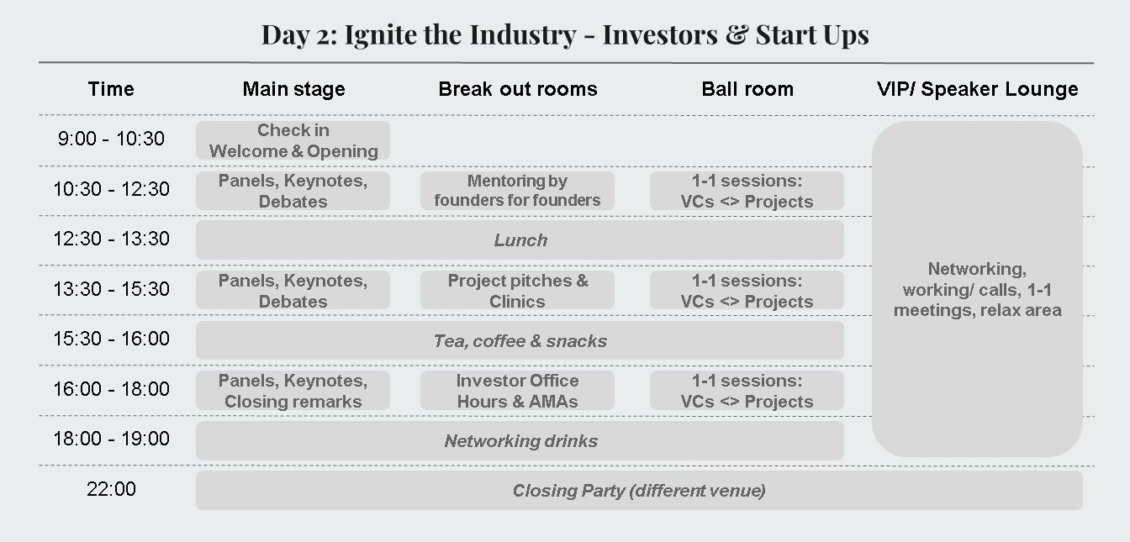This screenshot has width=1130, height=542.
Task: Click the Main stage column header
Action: [293, 89]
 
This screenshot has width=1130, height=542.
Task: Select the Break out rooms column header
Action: [518, 89]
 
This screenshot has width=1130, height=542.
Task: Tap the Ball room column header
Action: [747, 89]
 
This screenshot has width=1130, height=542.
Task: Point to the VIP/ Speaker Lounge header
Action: [977, 89]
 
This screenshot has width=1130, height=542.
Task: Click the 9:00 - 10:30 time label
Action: [111, 139]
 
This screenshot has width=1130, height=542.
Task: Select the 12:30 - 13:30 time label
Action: [111, 239]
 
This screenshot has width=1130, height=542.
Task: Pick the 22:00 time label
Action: [111, 489]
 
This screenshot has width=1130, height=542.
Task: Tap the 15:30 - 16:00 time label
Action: [111, 339]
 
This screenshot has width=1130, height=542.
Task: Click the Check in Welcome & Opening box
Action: [293, 140]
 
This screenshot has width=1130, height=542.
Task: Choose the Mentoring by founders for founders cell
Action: [517, 191]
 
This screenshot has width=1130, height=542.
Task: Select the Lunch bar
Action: [520, 240]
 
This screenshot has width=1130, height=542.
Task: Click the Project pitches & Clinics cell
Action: [517, 291]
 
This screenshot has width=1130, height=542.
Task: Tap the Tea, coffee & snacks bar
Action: [520, 340]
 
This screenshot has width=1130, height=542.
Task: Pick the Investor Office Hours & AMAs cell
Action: [517, 391]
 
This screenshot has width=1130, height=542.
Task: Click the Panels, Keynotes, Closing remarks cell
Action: [293, 391]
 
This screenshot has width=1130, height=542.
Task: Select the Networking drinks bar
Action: [520, 440]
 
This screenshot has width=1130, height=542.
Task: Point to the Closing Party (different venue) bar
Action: [639, 491]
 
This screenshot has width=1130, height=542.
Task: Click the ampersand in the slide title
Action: [737, 34]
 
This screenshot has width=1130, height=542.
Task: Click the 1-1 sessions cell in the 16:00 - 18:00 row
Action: [747, 391]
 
